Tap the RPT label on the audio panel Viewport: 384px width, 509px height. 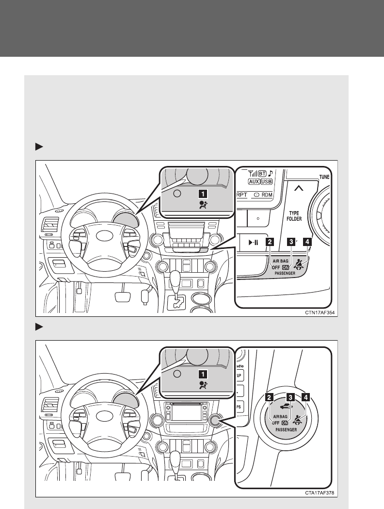241,194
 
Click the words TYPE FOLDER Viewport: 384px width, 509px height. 297,215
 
